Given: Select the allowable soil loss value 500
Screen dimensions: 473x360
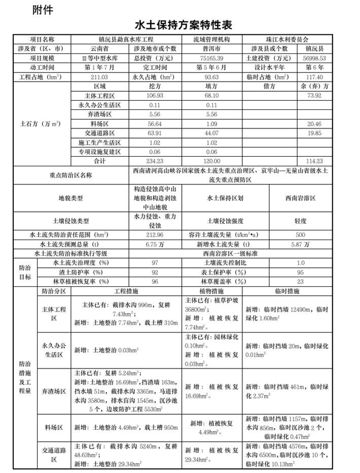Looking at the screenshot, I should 301,233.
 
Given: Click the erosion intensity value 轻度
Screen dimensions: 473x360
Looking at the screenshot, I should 301,220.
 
